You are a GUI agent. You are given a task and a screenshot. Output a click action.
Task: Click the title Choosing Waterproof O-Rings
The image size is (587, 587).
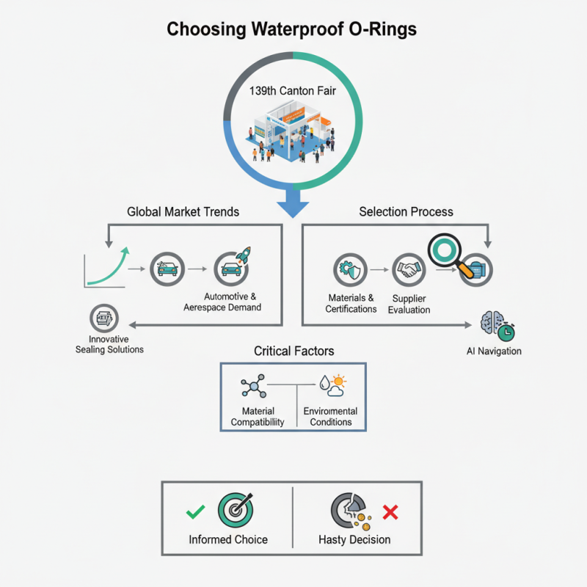pyautogui.click(x=293, y=29)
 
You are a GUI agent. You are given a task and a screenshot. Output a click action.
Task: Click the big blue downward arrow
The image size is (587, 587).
pyautogui.click(x=294, y=200)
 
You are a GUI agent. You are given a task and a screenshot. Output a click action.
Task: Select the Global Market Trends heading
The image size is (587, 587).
pyautogui.click(x=183, y=211)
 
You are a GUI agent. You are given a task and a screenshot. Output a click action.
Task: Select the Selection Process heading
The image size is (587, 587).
pyautogui.click(x=406, y=211)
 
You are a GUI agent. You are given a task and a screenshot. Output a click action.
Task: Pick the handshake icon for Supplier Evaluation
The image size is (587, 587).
pyautogui.click(x=409, y=271)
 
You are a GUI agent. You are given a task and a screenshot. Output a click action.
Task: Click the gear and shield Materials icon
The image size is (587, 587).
pyautogui.click(x=350, y=271)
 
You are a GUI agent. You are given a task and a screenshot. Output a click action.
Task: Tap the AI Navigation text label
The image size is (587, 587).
pyautogui.click(x=494, y=351)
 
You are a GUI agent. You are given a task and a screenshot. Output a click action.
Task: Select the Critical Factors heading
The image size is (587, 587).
pyautogui.click(x=293, y=351)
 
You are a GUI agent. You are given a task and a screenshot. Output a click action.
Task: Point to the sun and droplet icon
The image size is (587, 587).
pyautogui.click(x=331, y=385)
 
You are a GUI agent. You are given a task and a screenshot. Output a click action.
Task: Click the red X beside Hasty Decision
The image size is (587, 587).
pyautogui.click(x=390, y=512)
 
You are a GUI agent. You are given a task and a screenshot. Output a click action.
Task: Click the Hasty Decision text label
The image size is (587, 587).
pyautogui.click(x=354, y=539)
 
